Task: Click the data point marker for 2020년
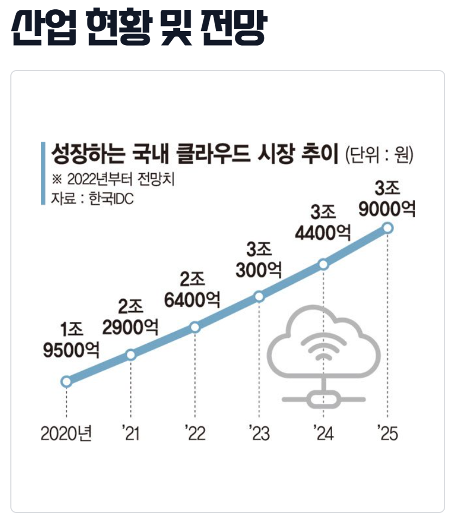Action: [66, 382]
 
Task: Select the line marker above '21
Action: [130, 355]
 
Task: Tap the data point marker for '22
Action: [195, 327]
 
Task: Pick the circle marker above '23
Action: [259, 296]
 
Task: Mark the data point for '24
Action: [323, 264]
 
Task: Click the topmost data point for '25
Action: [388, 227]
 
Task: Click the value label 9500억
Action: [71, 350]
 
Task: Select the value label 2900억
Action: [130, 327]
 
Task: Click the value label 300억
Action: [255, 270]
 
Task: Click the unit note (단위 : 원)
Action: [379, 155]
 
